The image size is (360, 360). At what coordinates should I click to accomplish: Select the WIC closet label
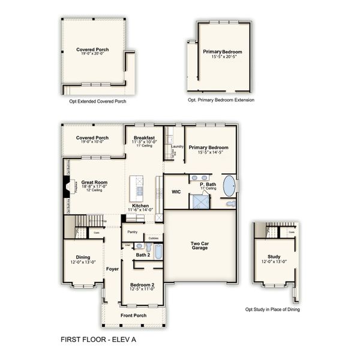tap(176, 192)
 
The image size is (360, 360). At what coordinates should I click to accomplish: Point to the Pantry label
tap(133, 232)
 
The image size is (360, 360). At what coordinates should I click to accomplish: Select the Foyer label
tap(112, 269)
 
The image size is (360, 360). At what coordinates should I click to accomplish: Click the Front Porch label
tap(133, 315)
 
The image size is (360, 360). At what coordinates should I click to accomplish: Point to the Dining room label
tap(83, 257)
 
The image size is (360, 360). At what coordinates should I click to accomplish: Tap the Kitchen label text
tap(140, 205)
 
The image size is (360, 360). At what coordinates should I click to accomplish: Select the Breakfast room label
tap(145, 137)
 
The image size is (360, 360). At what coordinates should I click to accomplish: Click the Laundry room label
tap(176, 146)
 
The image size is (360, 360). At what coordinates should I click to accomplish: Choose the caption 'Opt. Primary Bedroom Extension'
tap(221, 100)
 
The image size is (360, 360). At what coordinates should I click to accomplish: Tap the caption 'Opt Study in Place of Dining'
tap(272, 310)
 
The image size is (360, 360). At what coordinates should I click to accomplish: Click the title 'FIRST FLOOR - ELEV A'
tap(98, 339)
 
